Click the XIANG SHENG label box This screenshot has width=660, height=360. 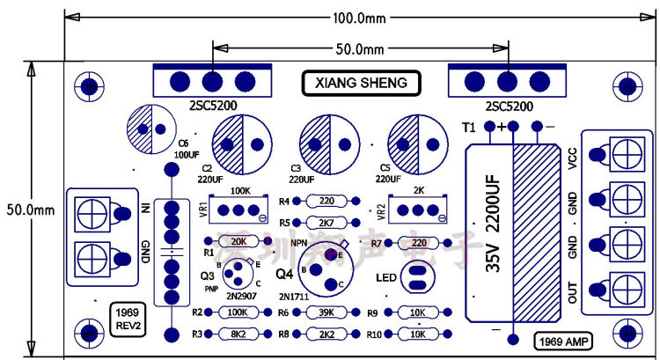tap(362, 83)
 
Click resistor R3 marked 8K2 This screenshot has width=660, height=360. tap(237, 334)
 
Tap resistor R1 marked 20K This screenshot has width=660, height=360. tap(237, 240)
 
